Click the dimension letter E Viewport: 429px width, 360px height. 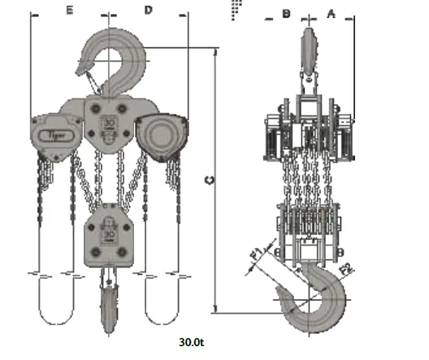70,11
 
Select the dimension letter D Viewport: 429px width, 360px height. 149,11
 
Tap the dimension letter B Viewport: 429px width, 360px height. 286,13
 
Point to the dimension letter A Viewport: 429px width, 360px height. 331,13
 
